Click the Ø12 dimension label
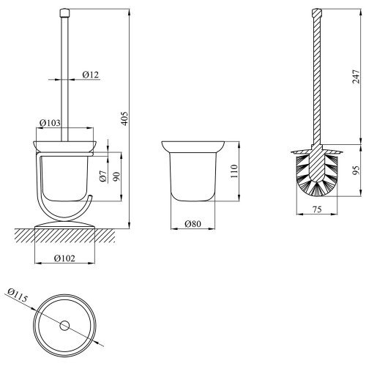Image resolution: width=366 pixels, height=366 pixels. coord(91,75)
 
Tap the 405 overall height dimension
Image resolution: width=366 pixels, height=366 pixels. coord(124,119)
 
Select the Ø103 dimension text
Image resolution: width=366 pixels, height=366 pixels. coord(50,123)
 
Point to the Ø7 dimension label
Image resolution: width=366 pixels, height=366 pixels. coord(103,176)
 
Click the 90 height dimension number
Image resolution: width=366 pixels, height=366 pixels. coord(116,176)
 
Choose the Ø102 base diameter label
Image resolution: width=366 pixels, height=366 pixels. coord(64,258)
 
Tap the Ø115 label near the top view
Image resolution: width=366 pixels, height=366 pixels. coord(18,295)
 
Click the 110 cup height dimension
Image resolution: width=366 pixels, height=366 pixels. coord(234,171)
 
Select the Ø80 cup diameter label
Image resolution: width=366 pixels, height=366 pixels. coord(193,224)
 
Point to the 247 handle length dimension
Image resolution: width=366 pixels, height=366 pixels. coord(356,77)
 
